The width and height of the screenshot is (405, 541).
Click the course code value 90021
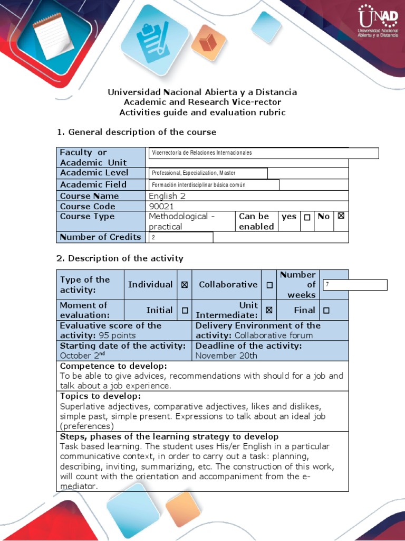161,206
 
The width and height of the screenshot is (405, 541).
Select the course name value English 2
167,196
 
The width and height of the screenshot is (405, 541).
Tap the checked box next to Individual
185,285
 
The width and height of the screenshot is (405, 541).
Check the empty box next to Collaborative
269,285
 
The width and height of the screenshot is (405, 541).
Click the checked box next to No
341,216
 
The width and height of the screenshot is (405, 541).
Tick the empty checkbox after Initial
185,311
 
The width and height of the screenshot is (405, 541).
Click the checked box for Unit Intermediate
269,310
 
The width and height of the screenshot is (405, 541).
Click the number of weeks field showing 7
354,285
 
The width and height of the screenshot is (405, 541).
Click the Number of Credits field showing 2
181,237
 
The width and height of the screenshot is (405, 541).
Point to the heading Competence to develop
113,366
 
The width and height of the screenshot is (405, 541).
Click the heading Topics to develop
100,396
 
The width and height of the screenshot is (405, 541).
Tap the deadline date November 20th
226,356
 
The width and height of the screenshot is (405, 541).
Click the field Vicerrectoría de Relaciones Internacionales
264,153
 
